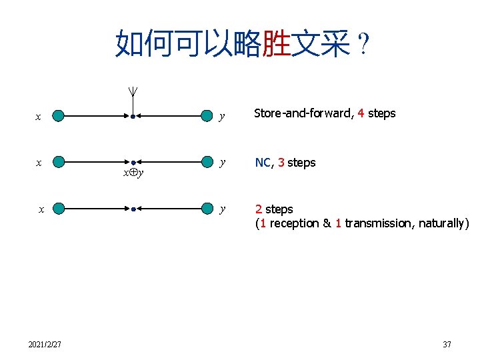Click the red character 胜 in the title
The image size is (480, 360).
click(276, 44)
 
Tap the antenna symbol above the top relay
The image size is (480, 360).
click(133, 95)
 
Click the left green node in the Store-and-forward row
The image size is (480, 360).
click(59, 117)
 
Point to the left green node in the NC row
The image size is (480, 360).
click(59, 162)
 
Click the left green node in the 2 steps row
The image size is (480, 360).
click(59, 209)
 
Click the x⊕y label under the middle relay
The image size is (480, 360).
click(133, 173)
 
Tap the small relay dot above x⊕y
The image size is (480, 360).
click(133, 162)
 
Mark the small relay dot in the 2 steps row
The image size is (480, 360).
click(133, 209)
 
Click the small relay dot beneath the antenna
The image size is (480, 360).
click(133, 117)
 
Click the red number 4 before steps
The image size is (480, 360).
click(361, 113)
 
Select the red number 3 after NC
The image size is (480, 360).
click(281, 163)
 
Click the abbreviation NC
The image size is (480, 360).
click(262, 163)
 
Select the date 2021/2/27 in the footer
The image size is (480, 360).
click(45, 344)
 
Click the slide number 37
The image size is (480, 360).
click(447, 344)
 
